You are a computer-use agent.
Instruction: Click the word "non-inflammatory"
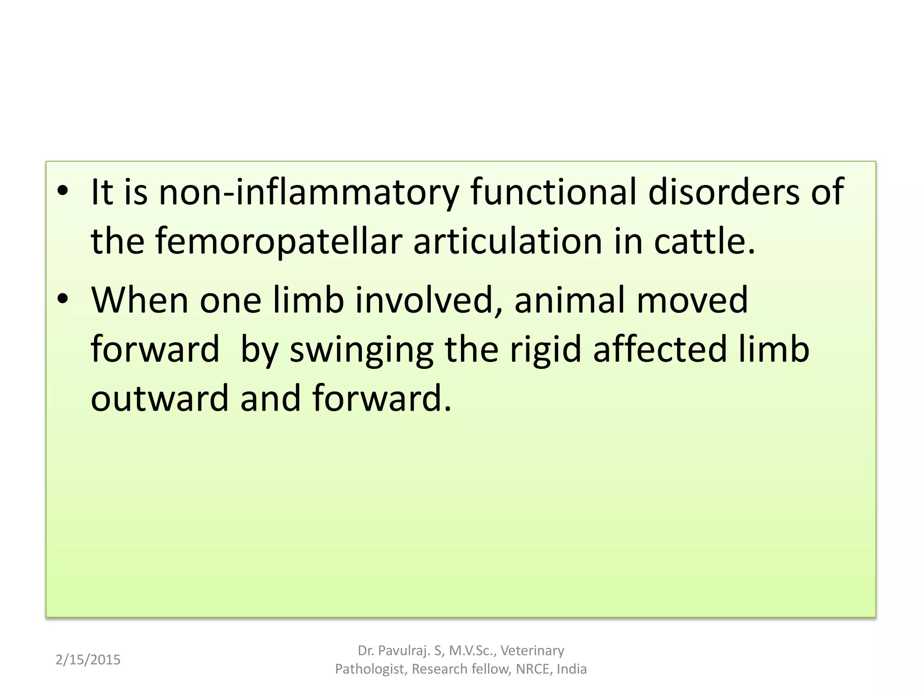tap(309, 193)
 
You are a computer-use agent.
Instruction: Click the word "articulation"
tap(507, 242)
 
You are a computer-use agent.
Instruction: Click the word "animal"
tap(569, 300)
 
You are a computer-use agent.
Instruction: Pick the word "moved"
tap(692, 300)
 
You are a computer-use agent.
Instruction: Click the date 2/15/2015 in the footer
tap(88, 660)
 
